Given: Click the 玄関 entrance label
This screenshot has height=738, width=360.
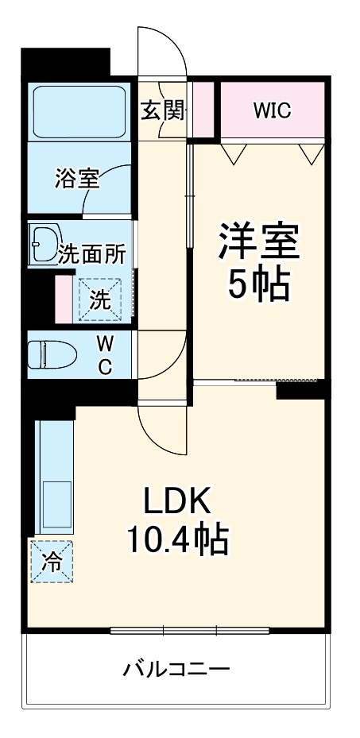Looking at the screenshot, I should tap(163, 110).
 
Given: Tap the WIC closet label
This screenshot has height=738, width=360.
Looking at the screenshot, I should tap(272, 110).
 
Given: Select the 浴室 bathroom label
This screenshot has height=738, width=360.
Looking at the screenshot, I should tap(77, 180).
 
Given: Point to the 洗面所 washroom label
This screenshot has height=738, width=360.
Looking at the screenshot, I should tap(92, 254).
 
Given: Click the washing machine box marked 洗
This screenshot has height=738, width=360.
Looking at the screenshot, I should tap(99, 299).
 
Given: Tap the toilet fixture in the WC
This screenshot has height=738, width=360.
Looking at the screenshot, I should tap(49, 354).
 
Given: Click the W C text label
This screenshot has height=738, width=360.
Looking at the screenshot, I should tap(104, 354).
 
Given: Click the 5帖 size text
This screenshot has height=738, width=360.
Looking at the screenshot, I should tap(259, 284).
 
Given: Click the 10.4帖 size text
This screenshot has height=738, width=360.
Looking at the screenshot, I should tap(177, 542).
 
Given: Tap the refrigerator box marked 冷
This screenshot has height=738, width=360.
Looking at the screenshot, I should tap(52, 562).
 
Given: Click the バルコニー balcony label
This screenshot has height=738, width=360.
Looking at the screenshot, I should tap(176, 669).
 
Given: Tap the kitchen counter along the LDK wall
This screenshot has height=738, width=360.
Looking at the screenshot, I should tap(52, 477).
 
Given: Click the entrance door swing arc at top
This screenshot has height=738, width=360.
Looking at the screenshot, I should tap(162, 52).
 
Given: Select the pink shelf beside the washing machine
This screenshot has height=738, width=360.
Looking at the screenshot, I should tap(64, 298).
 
